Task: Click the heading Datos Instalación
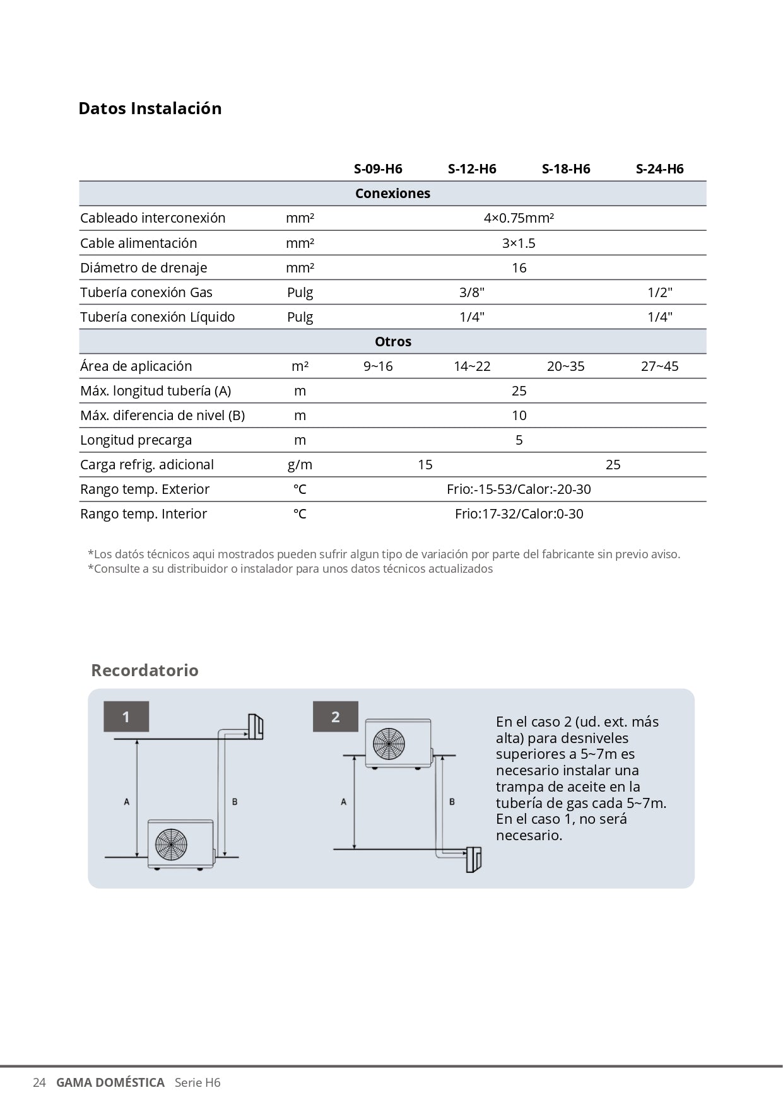tap(150, 108)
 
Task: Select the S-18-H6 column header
tap(566, 169)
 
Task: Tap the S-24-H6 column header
tap(659, 169)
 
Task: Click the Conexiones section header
tap(392, 194)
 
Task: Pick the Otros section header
tap(392, 342)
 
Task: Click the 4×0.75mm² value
tap(519, 218)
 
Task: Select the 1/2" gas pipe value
tap(660, 293)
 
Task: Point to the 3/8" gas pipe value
tap(472, 293)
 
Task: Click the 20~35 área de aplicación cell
tap(565, 366)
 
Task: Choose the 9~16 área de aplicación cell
tap(378, 366)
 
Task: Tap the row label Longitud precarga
tap(136, 440)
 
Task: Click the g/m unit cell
tap(300, 465)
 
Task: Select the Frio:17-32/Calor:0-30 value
tap(519, 514)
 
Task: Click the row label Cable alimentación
tap(138, 243)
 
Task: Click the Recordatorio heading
tap(144, 670)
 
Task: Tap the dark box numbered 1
tap(126, 717)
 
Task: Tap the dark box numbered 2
tap(336, 717)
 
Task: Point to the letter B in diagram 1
tap(235, 802)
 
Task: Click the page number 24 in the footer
tap(39, 1083)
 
